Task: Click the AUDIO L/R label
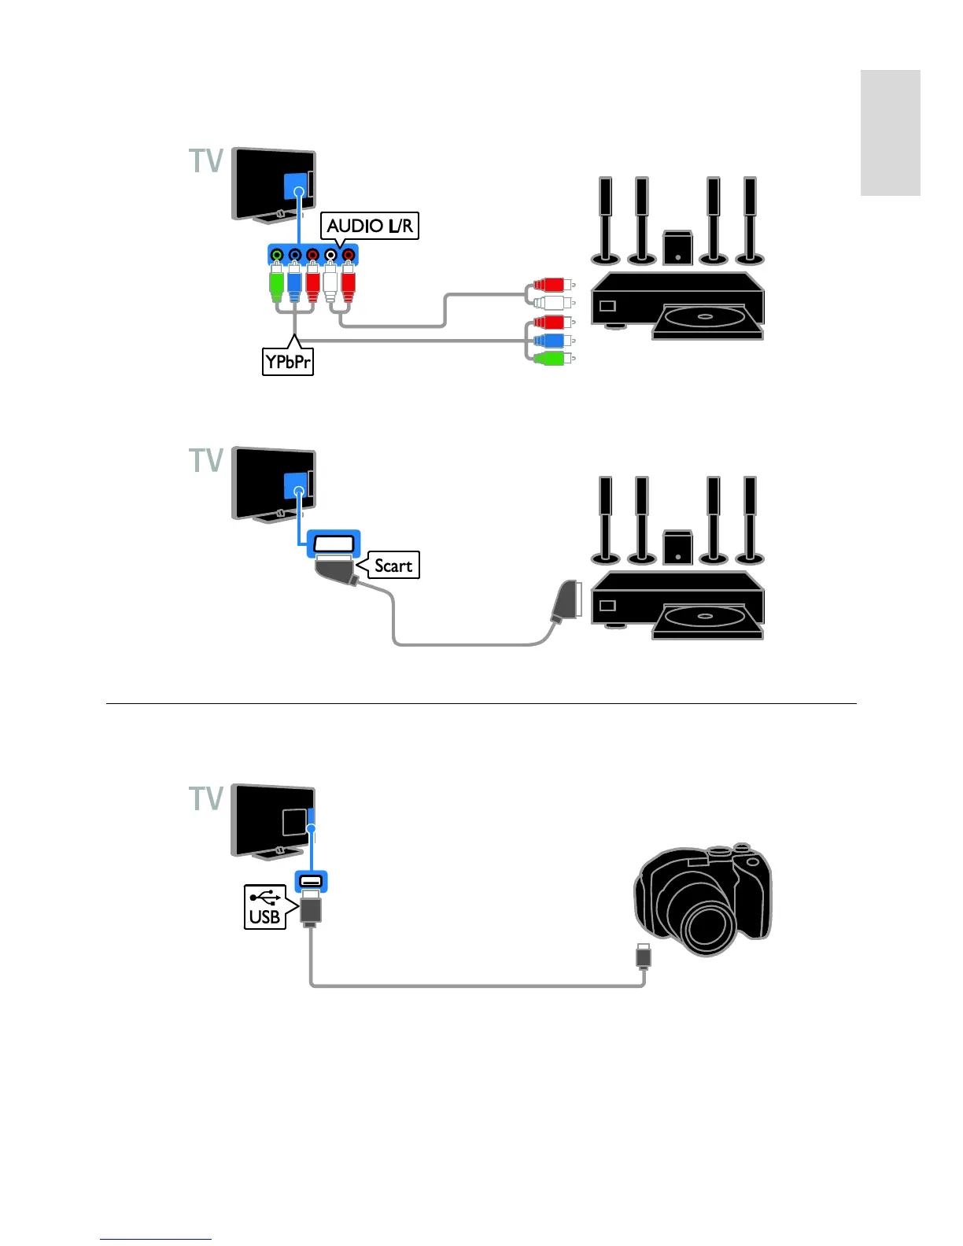click(369, 226)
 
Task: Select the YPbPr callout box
click(287, 362)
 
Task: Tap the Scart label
click(393, 565)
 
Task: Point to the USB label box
click(265, 907)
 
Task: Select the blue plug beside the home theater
click(551, 341)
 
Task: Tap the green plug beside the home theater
click(551, 359)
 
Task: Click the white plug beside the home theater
click(551, 302)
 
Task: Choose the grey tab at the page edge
click(890, 132)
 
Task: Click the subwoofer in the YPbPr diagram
click(677, 247)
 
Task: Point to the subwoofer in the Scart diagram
click(677, 547)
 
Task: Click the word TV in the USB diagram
click(207, 798)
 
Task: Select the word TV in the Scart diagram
click(207, 460)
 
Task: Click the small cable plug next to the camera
click(644, 956)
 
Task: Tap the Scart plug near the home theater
click(566, 603)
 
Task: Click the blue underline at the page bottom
click(156, 1239)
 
